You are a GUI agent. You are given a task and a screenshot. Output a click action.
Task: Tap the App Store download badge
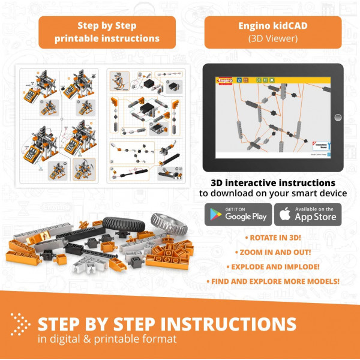tap(308, 214)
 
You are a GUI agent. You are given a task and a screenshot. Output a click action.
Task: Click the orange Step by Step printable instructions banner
tap(107, 32)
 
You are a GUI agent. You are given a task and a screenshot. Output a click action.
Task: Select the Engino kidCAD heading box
tap(273, 32)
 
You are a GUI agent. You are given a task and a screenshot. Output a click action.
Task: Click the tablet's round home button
tap(337, 117)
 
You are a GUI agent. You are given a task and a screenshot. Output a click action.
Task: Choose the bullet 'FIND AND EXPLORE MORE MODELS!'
tap(274, 280)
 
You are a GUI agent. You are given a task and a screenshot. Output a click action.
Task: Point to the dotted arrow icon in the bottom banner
tap(22, 325)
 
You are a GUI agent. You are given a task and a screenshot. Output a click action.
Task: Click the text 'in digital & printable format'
tap(107, 340)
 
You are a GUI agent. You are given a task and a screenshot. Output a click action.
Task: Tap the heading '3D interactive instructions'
tap(273, 182)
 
